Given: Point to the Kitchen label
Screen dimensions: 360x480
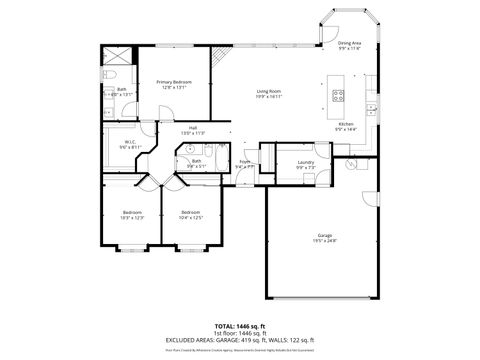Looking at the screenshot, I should (x=345, y=127).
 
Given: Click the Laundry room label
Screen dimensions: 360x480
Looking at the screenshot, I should (x=306, y=164).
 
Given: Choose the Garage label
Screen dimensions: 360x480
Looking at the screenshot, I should (x=326, y=238).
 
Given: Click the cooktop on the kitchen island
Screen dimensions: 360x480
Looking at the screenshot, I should (x=338, y=98).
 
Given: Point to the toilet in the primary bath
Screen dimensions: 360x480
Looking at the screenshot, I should (x=114, y=77).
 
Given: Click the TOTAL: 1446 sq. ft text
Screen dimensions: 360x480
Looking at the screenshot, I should (x=239, y=326).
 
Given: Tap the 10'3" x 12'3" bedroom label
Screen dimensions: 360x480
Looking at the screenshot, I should (x=134, y=215).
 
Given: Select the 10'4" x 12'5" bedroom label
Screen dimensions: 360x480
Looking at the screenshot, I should (x=191, y=215).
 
